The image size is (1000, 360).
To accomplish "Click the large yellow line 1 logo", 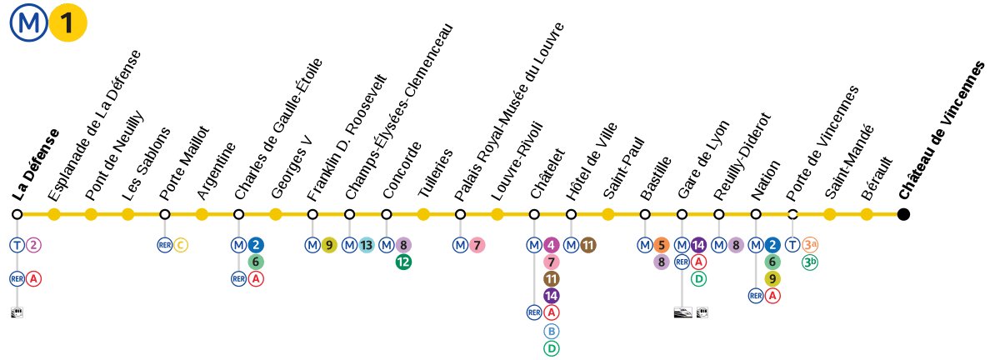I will click(x=68, y=23).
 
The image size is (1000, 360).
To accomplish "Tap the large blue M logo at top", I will click(x=28, y=23).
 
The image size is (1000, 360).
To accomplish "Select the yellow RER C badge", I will click(x=181, y=245).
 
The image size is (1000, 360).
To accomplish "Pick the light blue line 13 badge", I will click(x=366, y=245).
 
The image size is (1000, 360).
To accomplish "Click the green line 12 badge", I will click(x=403, y=262).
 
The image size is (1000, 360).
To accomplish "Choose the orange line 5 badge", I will click(x=661, y=245).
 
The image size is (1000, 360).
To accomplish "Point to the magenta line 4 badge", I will click(x=551, y=245).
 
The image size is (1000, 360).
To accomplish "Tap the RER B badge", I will click(x=551, y=331).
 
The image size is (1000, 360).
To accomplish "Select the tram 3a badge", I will click(x=809, y=245).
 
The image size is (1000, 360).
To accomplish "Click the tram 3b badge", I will click(x=809, y=262).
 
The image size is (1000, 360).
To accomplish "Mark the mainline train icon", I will click(x=682, y=312).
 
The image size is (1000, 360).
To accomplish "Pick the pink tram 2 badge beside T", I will click(x=33, y=245).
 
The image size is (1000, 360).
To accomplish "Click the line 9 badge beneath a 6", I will click(x=772, y=278).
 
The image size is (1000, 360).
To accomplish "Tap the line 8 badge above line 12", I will click(x=403, y=245).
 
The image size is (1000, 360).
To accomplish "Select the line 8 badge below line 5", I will click(x=661, y=262).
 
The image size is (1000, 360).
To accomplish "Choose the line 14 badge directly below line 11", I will click(x=551, y=295).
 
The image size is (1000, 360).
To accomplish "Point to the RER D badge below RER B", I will click(x=551, y=348).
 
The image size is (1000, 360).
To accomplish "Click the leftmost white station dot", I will click(x=17, y=214).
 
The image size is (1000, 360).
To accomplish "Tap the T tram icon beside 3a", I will click(x=792, y=245).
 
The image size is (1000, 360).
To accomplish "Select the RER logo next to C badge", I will click(x=164, y=245).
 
